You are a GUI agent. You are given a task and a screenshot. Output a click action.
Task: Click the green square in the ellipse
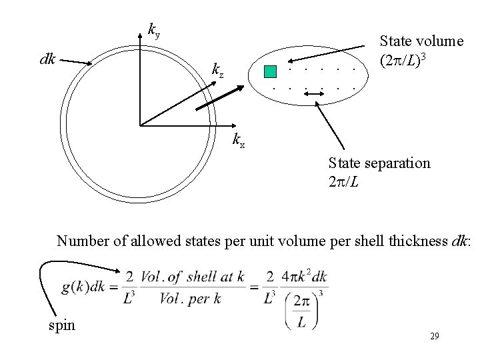click(x=269, y=72)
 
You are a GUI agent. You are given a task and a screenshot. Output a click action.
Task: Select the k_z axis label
click(x=217, y=69)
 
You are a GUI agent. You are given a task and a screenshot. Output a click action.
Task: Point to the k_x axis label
click(x=238, y=139)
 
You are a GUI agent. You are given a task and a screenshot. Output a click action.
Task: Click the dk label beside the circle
click(x=47, y=59)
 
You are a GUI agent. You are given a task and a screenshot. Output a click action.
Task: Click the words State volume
click(x=421, y=41)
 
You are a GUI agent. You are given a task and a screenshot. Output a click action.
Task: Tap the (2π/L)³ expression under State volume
click(x=403, y=61)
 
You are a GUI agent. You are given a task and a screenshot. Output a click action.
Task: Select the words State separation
click(x=379, y=163)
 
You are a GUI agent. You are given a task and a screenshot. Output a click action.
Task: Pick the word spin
click(x=61, y=326)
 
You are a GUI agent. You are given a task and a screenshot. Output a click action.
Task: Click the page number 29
click(x=434, y=337)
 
